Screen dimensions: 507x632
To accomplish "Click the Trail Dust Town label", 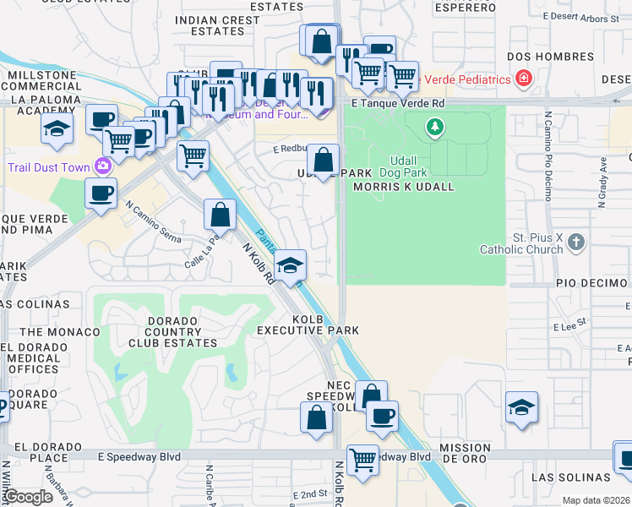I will [x=48, y=167].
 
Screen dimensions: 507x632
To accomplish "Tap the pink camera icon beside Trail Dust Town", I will [x=104, y=166].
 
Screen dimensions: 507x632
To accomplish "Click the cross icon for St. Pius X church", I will [x=576, y=243].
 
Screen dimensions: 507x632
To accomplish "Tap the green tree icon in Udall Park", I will [x=435, y=128].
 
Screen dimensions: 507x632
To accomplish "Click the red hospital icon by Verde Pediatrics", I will [x=525, y=79].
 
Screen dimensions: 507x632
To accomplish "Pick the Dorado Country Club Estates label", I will [x=172, y=331].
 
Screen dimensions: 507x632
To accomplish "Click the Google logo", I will [x=30, y=496].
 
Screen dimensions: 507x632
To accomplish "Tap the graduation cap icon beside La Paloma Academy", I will [x=57, y=128].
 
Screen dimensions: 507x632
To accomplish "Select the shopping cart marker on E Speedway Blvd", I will [x=363, y=461].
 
